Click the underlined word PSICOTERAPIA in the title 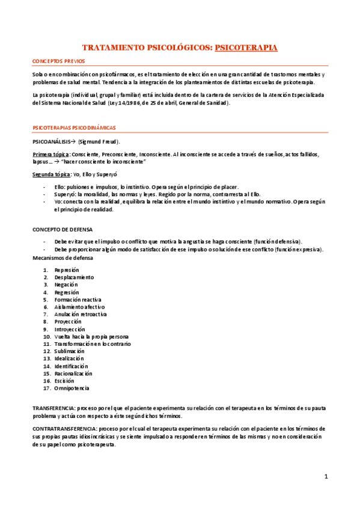[246, 46]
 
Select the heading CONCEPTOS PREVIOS [58, 61]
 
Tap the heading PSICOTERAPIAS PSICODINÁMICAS [73, 127]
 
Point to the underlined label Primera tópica [50, 155]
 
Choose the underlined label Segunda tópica [52, 174]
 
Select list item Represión [67, 270]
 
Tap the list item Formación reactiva [78, 300]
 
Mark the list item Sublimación [69, 351]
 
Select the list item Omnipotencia [72, 388]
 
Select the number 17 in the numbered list [46, 388]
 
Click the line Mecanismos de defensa [63, 257]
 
